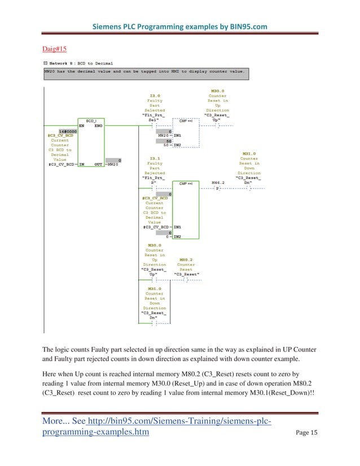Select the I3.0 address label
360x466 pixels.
pyautogui.click(x=155, y=95)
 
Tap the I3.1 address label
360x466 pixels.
pyautogui.click(x=155, y=159)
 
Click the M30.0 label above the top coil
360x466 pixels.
pyautogui.click(x=217, y=91)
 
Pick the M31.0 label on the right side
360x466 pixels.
pyautogui.click(x=249, y=153)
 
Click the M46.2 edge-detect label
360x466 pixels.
pyautogui.click(x=217, y=183)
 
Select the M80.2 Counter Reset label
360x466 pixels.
pyautogui.click(x=186, y=260)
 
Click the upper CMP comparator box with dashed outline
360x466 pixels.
pyautogui.click(x=186, y=133)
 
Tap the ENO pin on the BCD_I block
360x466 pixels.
pyautogui.click(x=98, y=126)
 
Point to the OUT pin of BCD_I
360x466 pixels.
pyautogui.click(x=98, y=164)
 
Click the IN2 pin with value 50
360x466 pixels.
pyautogui.click(x=177, y=146)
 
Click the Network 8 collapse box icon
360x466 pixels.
pyautogui.click(x=45, y=63)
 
